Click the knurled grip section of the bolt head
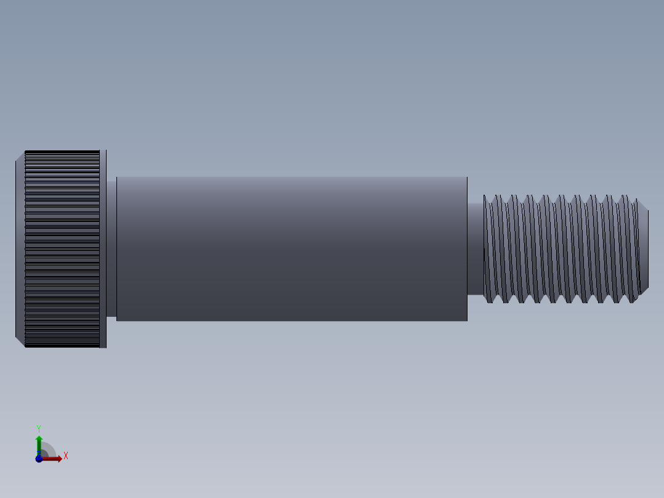coord(62,249)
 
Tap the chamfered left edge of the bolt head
coord(20,249)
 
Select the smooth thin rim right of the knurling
coord(103,249)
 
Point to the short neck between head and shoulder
coord(111,248)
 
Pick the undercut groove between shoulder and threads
coord(475,249)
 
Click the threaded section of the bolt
coord(561,249)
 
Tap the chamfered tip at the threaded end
coord(644,249)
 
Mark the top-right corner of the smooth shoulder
coord(466,178)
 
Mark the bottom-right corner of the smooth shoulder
coord(466,320)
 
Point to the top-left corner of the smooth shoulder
coord(117,178)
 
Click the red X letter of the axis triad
coord(65,456)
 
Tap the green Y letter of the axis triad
coord(39,428)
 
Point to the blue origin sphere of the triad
coord(39,459)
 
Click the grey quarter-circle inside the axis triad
coord(48,451)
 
